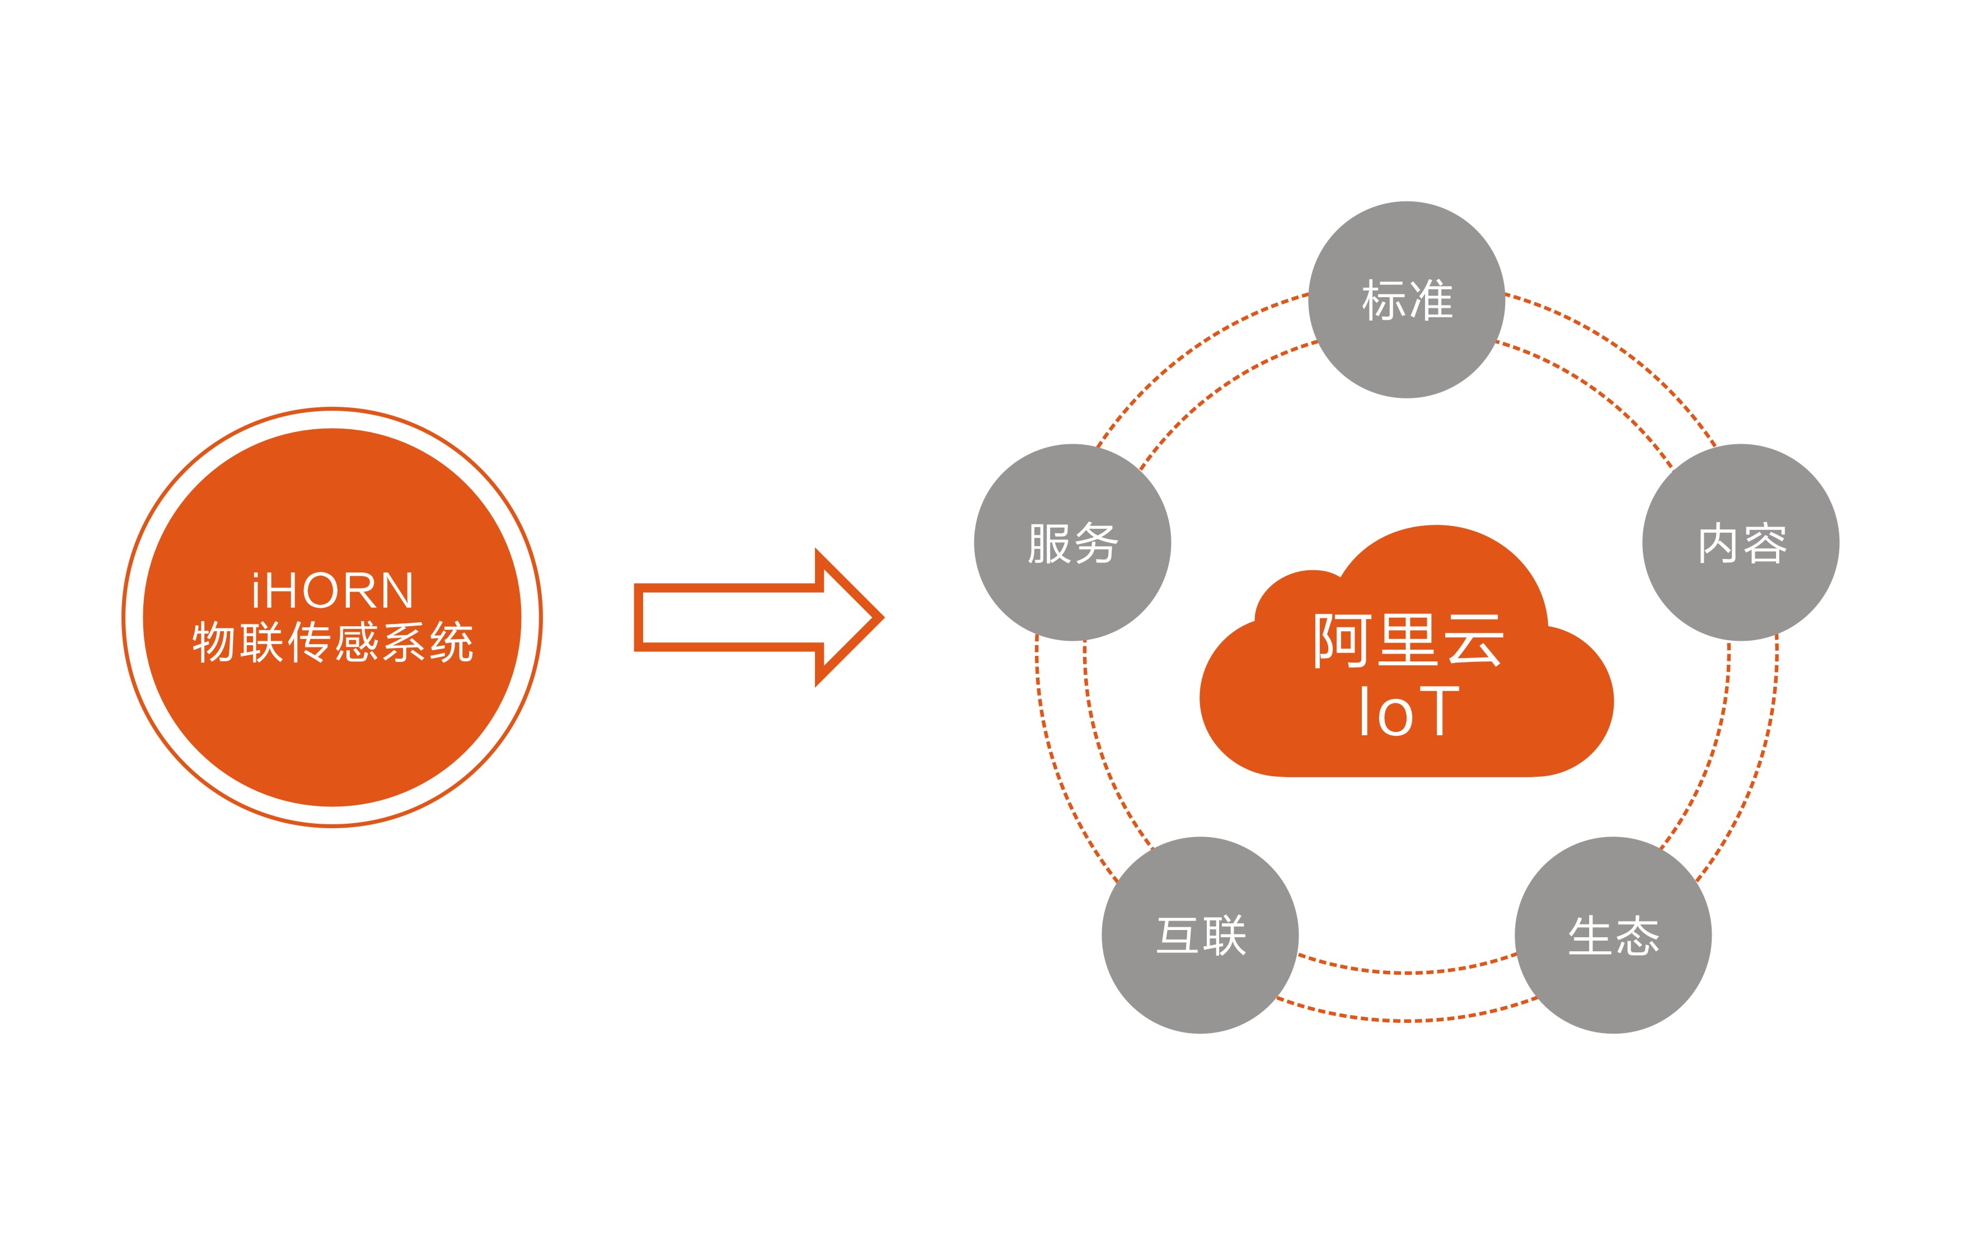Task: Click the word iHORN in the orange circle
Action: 332,591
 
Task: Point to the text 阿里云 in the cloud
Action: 1407,641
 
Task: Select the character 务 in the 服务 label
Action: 1095,543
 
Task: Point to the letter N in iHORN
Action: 396,591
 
